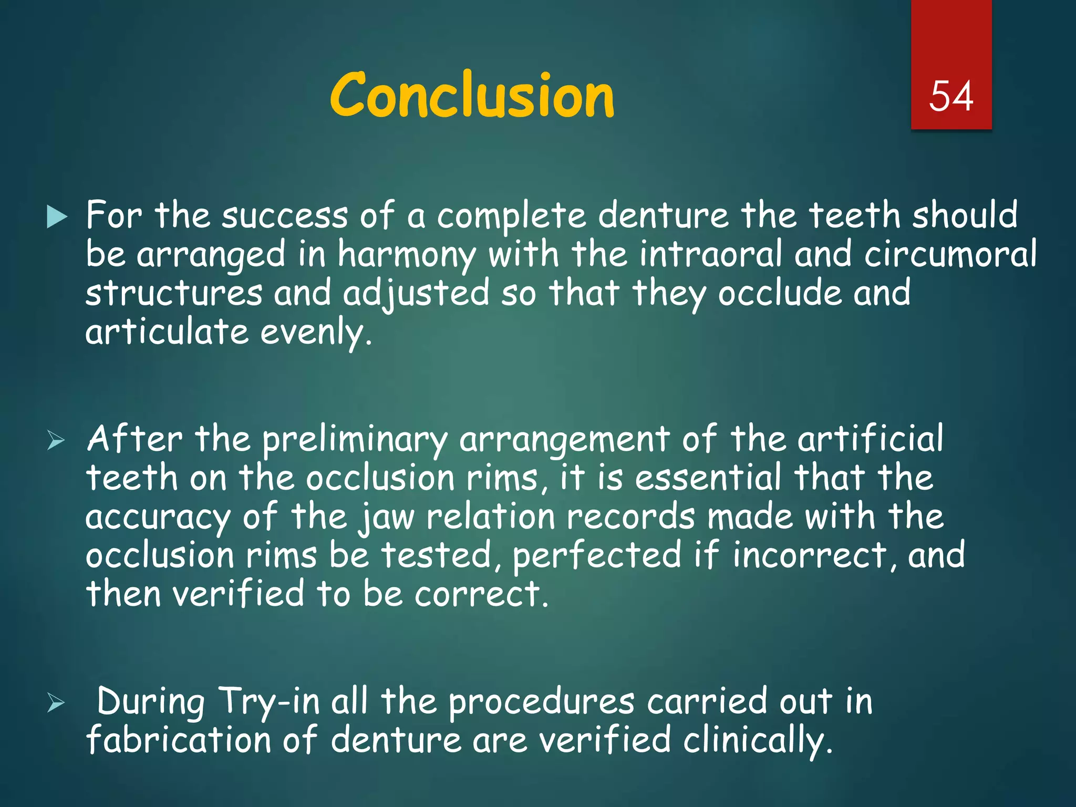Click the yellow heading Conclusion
click(x=471, y=96)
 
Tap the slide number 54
click(x=951, y=97)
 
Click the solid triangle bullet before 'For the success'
click(x=57, y=217)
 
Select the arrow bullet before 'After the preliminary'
click(x=56, y=440)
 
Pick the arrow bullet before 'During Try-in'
click(x=56, y=702)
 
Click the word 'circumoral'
click(x=950, y=254)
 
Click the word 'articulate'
click(x=167, y=332)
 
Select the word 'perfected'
click(x=596, y=556)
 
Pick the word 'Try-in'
click(x=268, y=702)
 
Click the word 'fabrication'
click(x=178, y=740)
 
